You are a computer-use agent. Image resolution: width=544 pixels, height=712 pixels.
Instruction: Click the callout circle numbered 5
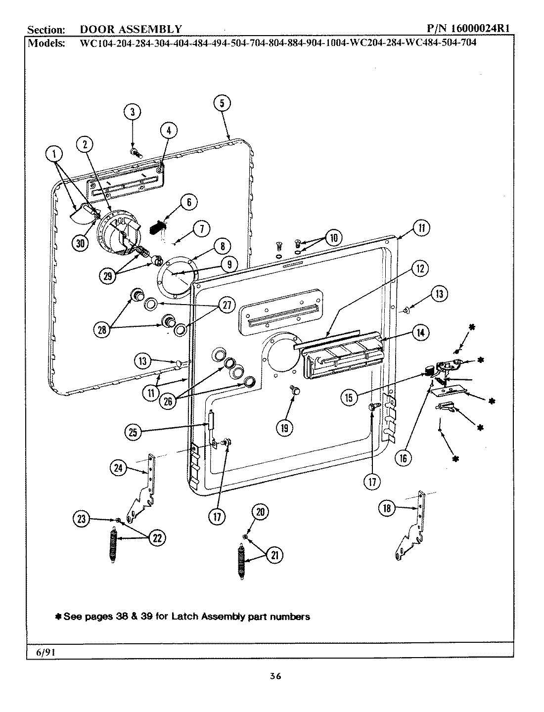(x=222, y=103)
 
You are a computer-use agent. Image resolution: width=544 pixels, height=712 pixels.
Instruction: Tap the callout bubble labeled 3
(x=132, y=112)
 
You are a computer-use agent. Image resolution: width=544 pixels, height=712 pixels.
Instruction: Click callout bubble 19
(x=284, y=428)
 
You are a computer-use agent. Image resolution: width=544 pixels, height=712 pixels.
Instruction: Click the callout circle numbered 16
(x=404, y=458)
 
